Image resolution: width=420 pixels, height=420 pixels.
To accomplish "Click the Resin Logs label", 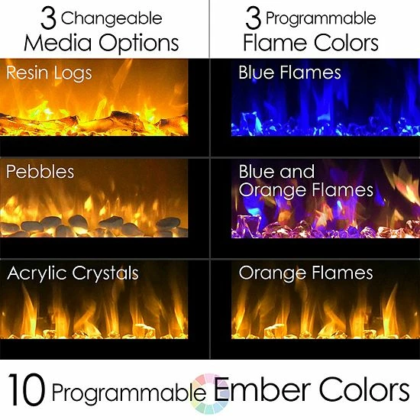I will (x=49, y=73).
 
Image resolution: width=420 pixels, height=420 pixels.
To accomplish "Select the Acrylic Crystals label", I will (x=73, y=273).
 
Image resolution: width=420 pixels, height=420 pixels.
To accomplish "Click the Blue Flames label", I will (x=289, y=73).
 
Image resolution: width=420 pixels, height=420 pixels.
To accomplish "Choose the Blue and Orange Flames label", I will (x=305, y=180).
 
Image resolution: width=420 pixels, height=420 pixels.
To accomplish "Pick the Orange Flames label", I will (x=305, y=273).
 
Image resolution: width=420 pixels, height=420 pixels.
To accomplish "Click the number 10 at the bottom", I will (x=29, y=392).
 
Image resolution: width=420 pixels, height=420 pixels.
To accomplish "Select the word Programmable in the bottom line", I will (x=124, y=393).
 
